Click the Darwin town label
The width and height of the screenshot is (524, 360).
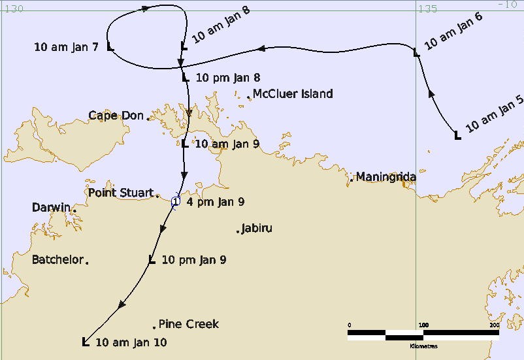tap(51, 208)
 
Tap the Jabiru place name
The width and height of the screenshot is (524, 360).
tap(256, 229)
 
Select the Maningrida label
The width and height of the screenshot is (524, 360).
tap(387, 177)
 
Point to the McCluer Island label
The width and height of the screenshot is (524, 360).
tap(293, 94)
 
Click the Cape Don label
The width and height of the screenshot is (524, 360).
tap(116, 116)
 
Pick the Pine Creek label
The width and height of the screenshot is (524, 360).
tap(189, 324)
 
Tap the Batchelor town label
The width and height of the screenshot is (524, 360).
tap(57, 260)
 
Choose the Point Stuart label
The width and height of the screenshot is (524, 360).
tap(120, 193)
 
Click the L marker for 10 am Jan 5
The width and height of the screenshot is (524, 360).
tap(457, 135)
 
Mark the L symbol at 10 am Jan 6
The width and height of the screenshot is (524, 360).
tap(416, 52)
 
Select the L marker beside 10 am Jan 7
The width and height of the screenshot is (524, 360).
tap(110, 47)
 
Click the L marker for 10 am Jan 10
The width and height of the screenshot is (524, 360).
tap(85, 341)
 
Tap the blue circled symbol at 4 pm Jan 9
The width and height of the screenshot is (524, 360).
tap(174, 202)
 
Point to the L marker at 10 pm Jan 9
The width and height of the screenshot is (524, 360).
tap(152, 260)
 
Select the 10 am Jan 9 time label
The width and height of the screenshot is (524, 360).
tap(227, 144)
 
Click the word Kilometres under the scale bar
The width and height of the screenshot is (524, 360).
tap(423, 346)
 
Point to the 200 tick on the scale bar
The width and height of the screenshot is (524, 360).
tap(494, 325)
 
